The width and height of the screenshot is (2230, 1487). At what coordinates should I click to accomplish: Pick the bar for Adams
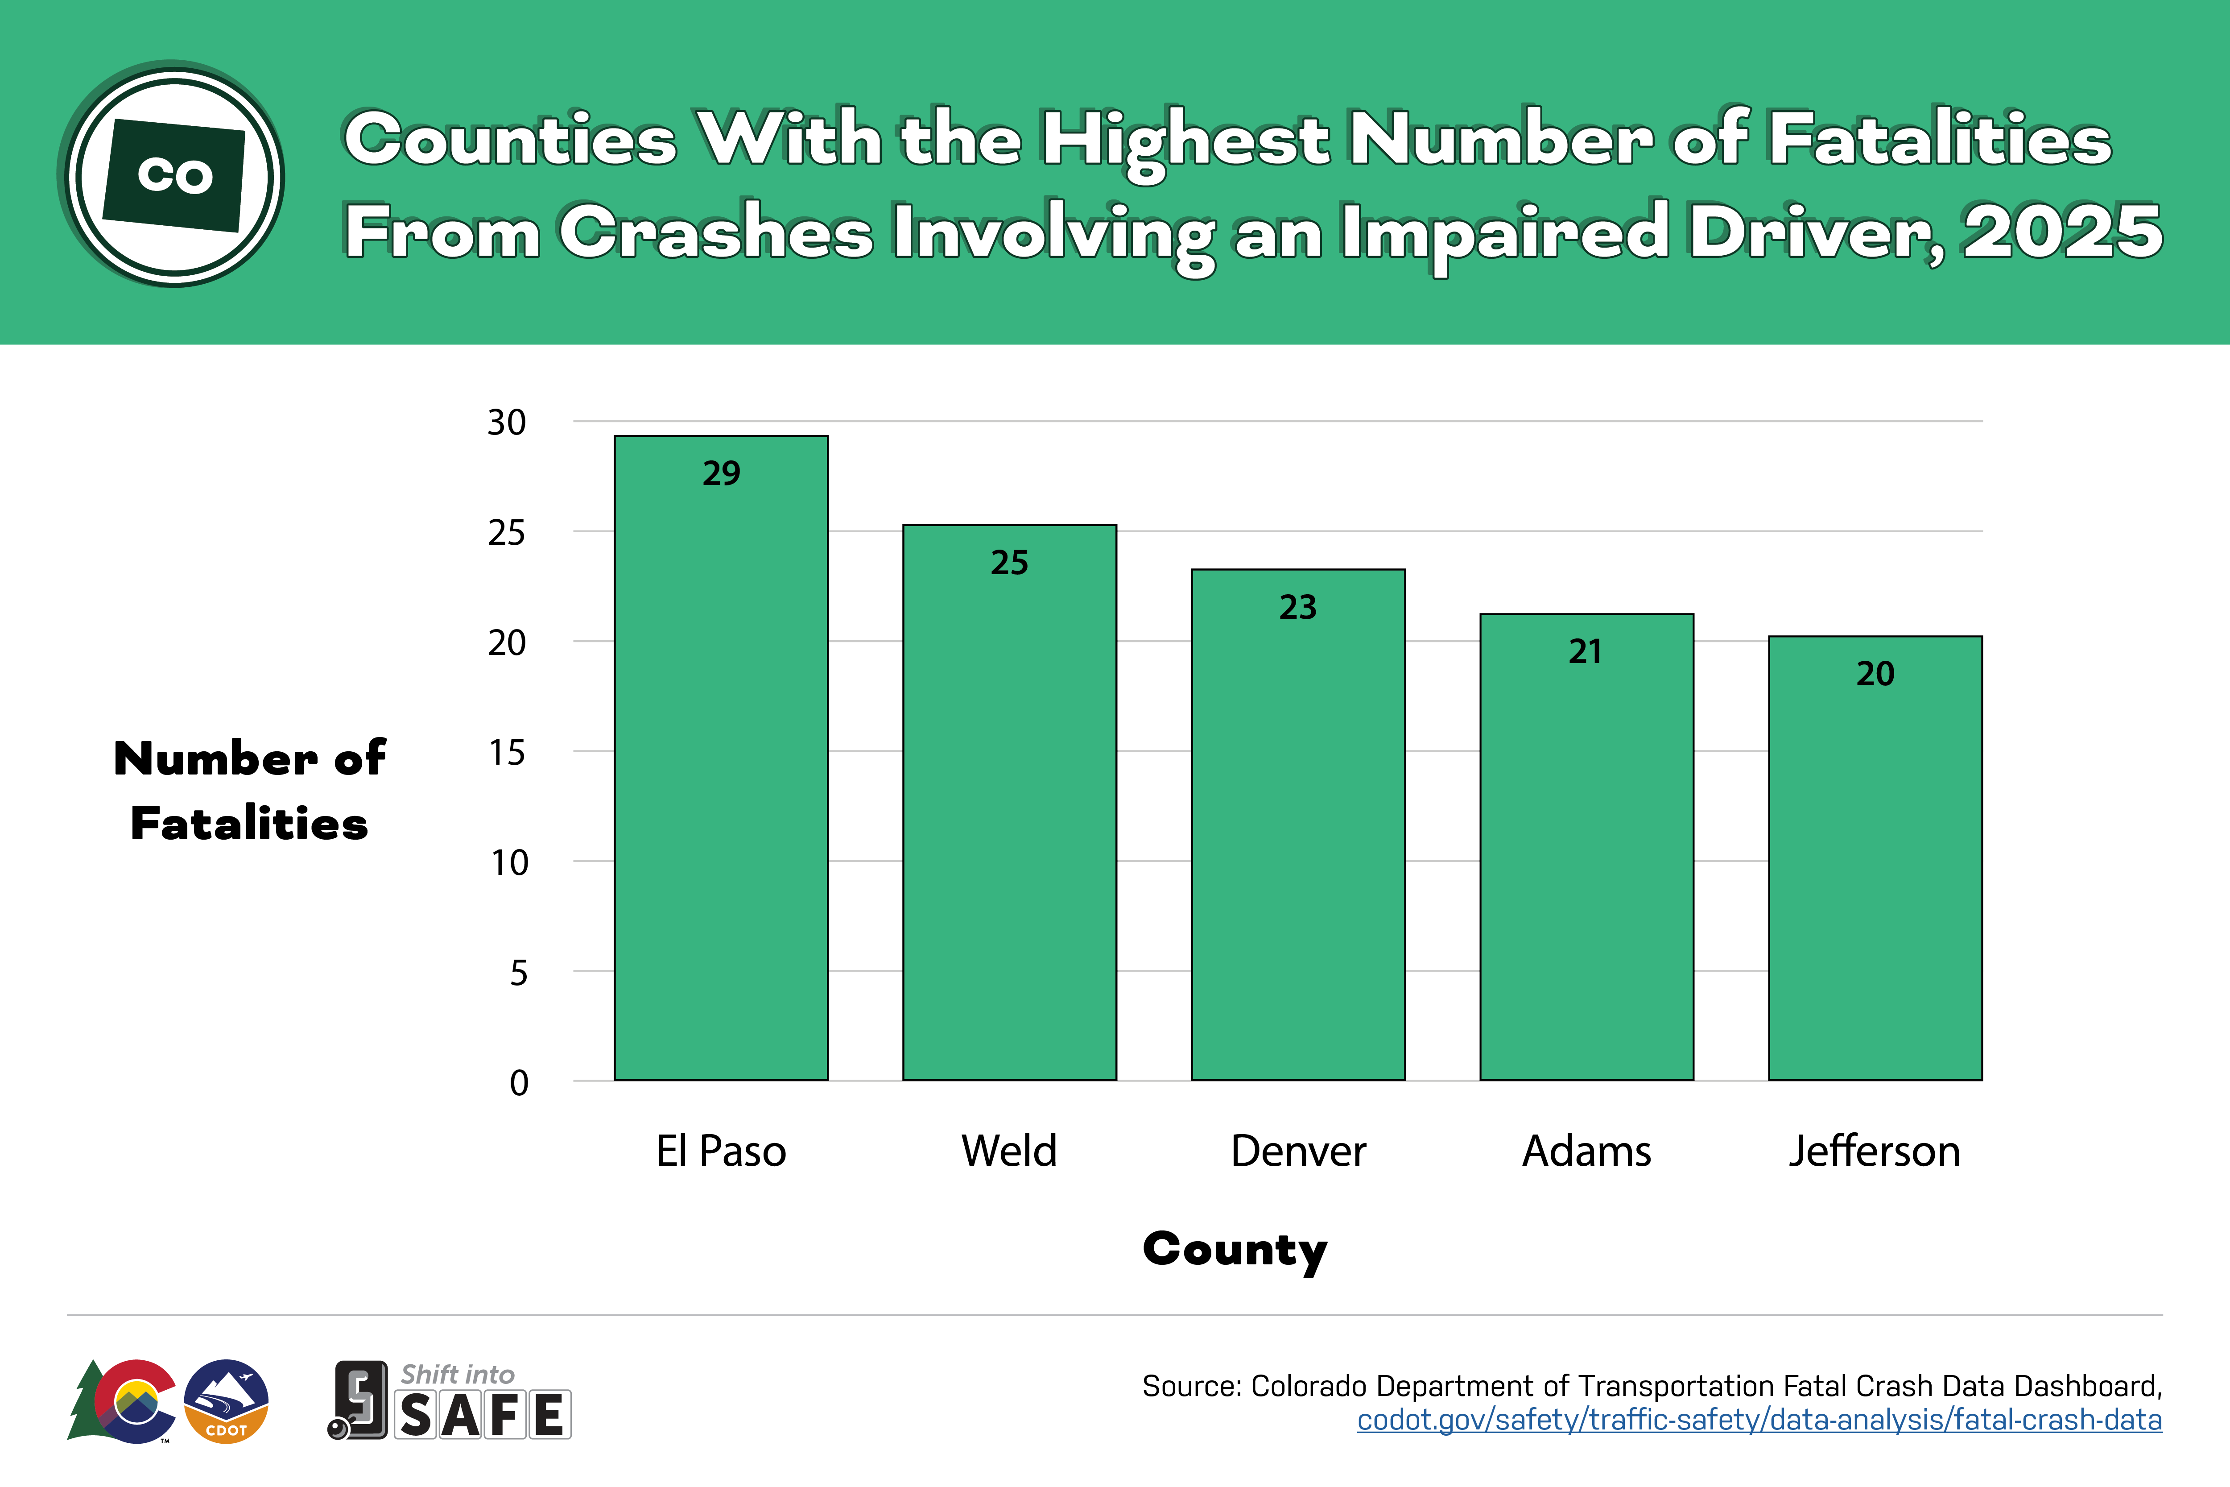pos(1586,853)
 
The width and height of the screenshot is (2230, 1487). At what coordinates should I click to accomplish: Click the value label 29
pos(721,473)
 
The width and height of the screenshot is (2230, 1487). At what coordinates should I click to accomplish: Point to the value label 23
pos(1298,607)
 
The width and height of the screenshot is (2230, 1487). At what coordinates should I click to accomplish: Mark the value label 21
pos(1585,651)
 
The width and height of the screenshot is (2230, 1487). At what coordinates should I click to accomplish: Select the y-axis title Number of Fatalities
pos(249,790)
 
